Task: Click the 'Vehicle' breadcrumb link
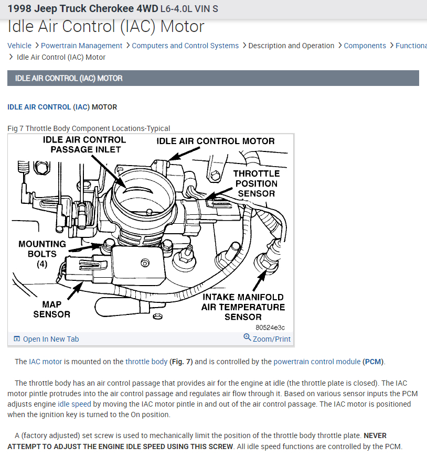coord(19,46)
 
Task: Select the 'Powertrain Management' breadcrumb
coord(81,46)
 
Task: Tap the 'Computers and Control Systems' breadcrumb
coord(185,46)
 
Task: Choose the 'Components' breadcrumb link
coord(365,46)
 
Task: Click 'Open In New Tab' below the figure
coord(50,339)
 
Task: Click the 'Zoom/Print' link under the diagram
coord(271,339)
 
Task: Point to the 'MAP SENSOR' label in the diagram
coord(51,309)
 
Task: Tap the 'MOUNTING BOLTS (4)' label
coord(42,254)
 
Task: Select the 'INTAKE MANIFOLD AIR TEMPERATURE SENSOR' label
coord(243,307)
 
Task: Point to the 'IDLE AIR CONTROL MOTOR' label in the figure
coord(216,141)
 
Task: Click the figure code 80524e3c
coord(270,328)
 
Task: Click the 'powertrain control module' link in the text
coord(317,362)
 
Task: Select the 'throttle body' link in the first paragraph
coord(146,362)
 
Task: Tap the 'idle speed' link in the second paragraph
coord(74,405)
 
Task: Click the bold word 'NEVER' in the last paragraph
coord(375,436)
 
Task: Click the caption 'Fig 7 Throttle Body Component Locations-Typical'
coord(89,128)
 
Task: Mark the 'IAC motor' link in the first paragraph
coord(46,362)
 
